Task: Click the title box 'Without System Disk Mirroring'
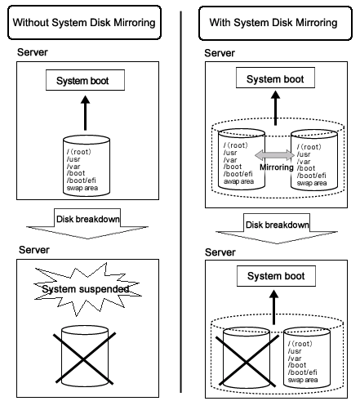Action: coord(84,23)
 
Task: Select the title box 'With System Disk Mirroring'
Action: coord(275,23)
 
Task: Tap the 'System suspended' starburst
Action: coord(87,289)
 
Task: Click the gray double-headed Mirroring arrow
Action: coord(274,155)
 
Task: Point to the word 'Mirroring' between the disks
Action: coord(277,167)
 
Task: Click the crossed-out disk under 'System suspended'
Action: coord(85,356)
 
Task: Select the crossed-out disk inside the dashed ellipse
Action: coord(247,358)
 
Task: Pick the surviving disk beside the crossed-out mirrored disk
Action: coord(307,358)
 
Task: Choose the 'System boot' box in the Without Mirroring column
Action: coord(85,80)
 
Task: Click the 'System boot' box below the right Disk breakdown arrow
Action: coord(276,276)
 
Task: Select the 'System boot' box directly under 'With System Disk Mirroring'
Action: coord(275,78)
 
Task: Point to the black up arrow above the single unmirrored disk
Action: coord(86,113)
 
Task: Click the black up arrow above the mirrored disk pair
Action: coord(276,108)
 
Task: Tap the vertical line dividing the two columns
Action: coord(180,202)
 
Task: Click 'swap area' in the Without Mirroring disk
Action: coord(82,188)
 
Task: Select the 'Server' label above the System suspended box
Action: coord(34,250)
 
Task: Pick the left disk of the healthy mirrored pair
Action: coord(242,159)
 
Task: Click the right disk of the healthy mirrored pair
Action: coord(314,160)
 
